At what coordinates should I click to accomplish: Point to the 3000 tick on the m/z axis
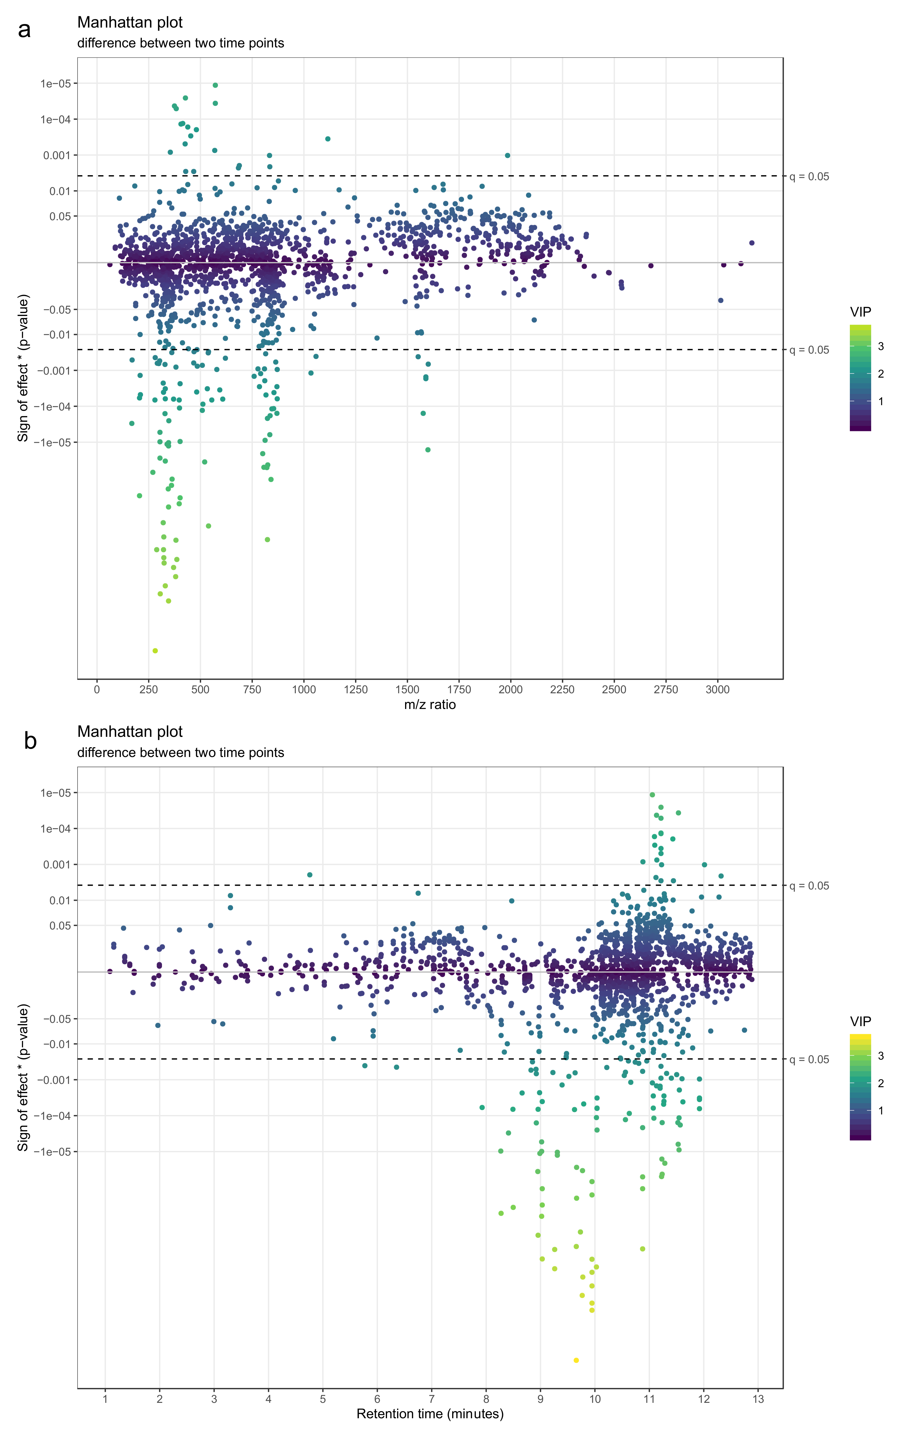click(x=717, y=690)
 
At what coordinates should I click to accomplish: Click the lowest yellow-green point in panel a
click(x=155, y=651)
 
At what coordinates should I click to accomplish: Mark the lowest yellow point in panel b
click(x=576, y=1360)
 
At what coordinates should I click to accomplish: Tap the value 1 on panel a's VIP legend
click(x=881, y=402)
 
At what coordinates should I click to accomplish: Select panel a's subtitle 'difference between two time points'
click(x=181, y=43)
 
